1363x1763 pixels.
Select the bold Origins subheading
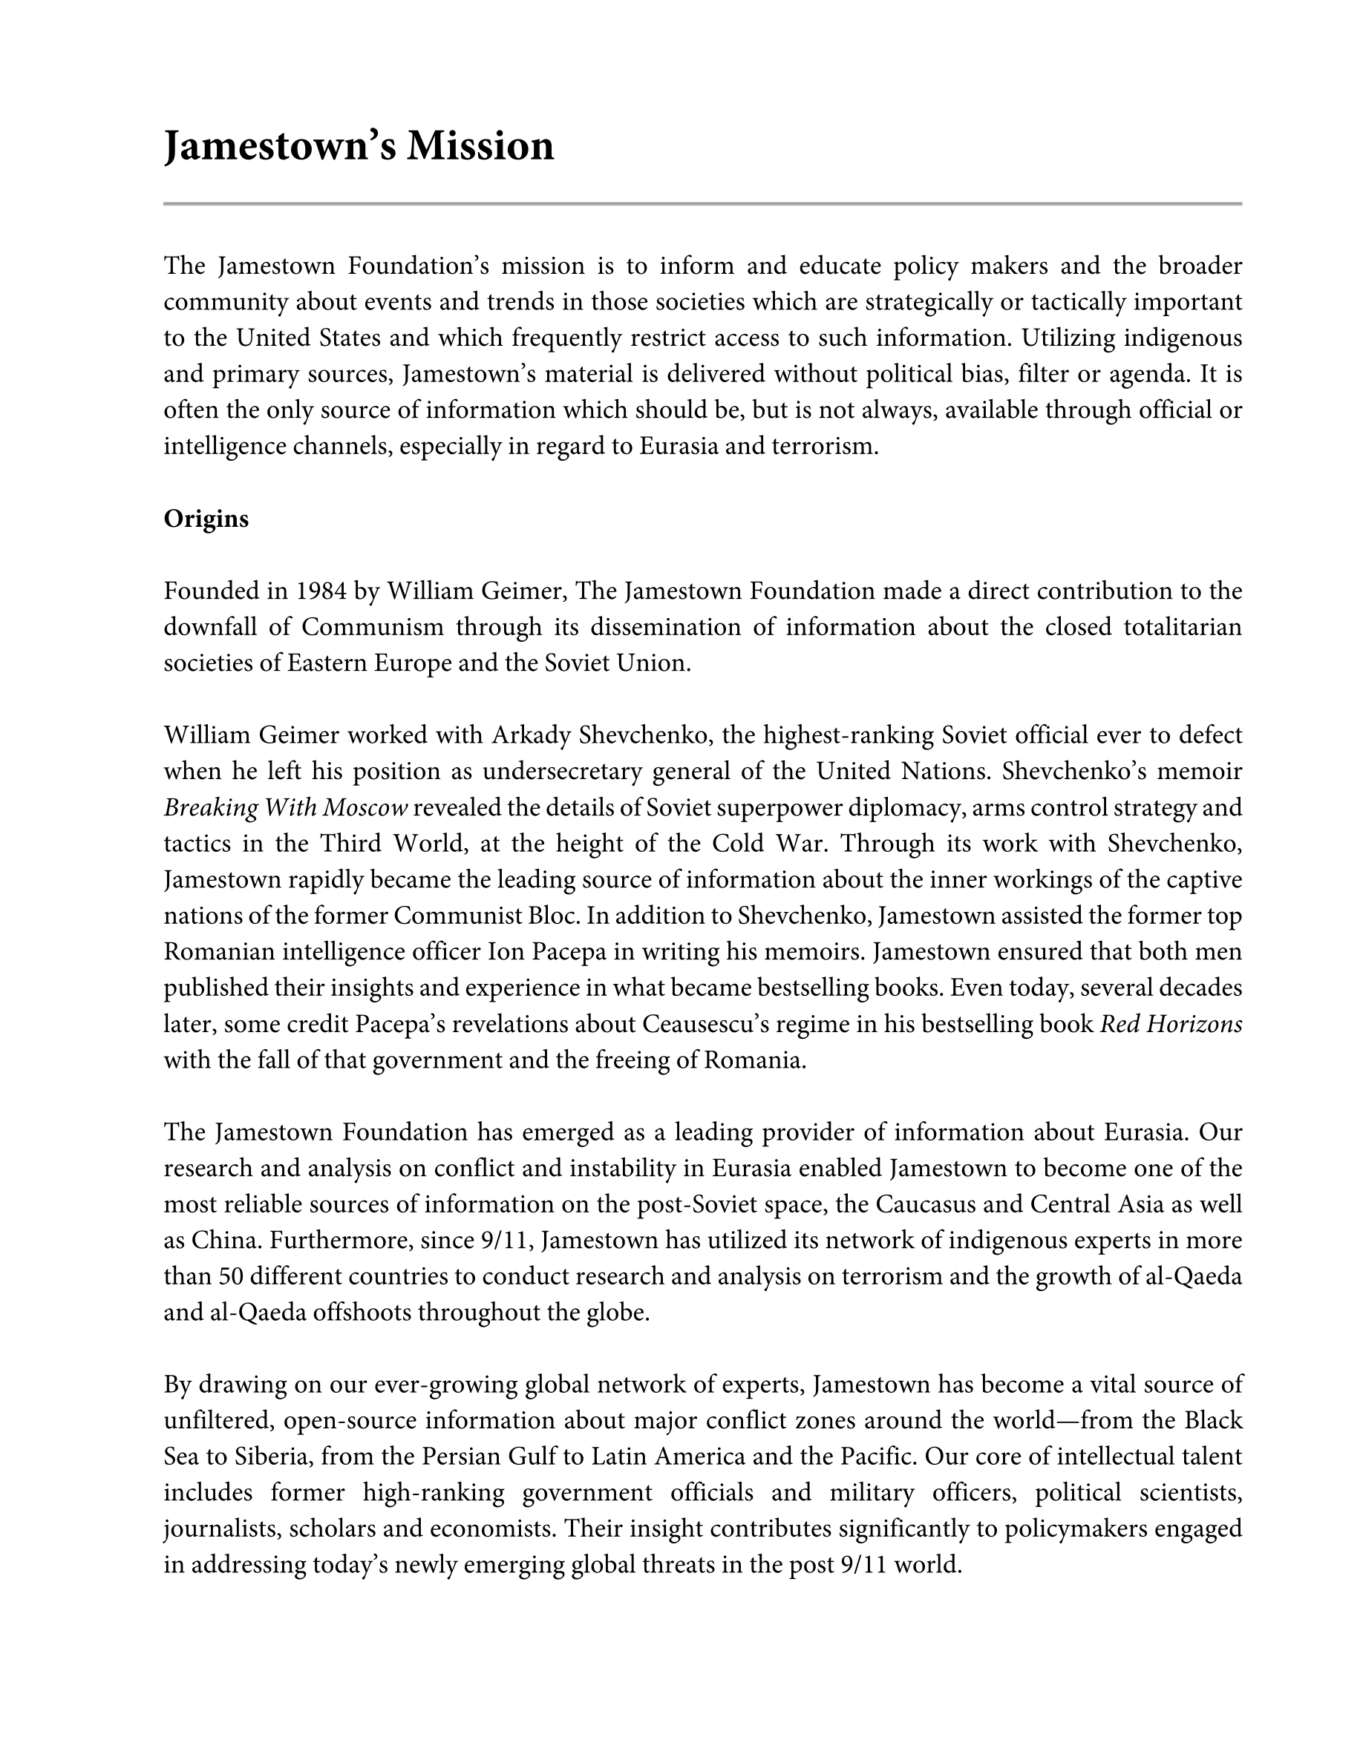pos(206,519)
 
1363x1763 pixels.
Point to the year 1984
pos(322,591)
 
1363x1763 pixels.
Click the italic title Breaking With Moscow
pos(286,808)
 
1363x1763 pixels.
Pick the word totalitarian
pos(1183,627)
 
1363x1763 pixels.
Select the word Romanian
pos(219,953)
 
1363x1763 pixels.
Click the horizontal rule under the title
pos(702,203)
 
